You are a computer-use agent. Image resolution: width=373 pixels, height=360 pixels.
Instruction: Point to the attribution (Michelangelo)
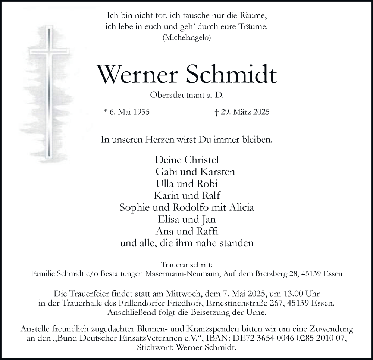(186, 37)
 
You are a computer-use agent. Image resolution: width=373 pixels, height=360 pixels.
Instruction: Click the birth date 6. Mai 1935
(126, 112)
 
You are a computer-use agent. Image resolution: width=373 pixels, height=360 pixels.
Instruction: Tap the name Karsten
(217, 172)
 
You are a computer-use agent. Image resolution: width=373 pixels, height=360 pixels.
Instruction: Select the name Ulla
(167, 184)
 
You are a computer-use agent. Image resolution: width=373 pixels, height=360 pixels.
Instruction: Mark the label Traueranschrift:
(186, 265)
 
